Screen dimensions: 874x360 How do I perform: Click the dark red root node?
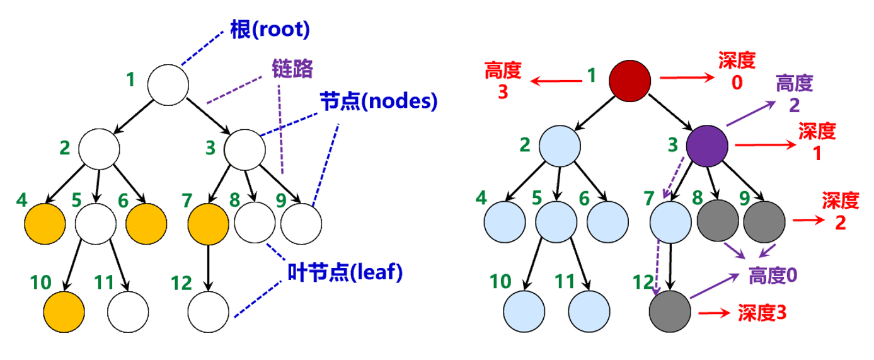click(x=630, y=81)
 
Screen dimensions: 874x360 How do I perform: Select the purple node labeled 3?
click(x=707, y=146)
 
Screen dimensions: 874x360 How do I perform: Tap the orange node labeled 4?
click(x=45, y=224)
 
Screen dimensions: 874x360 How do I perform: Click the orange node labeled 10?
click(x=64, y=312)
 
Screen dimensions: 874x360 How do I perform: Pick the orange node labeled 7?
click(x=209, y=224)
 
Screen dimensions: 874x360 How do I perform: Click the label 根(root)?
click(x=270, y=29)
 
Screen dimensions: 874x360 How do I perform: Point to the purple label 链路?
click(x=292, y=69)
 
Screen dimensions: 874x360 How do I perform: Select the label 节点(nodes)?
click(x=379, y=101)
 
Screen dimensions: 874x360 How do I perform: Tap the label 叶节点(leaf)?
click(x=345, y=272)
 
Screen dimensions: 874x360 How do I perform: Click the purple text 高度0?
click(x=773, y=276)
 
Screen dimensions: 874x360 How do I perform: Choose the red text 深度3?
click(x=762, y=313)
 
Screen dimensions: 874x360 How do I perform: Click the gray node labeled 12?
click(x=670, y=311)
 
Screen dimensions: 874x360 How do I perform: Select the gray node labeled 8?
click(x=718, y=221)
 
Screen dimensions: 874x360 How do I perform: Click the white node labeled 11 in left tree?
click(x=128, y=312)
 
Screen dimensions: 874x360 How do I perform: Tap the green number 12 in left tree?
click(x=181, y=283)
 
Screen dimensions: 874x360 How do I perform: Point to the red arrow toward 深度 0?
click(x=687, y=78)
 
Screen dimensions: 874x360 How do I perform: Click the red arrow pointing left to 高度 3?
click(x=556, y=81)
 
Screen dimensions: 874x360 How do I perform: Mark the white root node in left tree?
click(x=168, y=85)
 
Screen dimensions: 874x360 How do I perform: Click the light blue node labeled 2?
click(x=560, y=146)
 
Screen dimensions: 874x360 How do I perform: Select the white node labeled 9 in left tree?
click(x=301, y=224)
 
